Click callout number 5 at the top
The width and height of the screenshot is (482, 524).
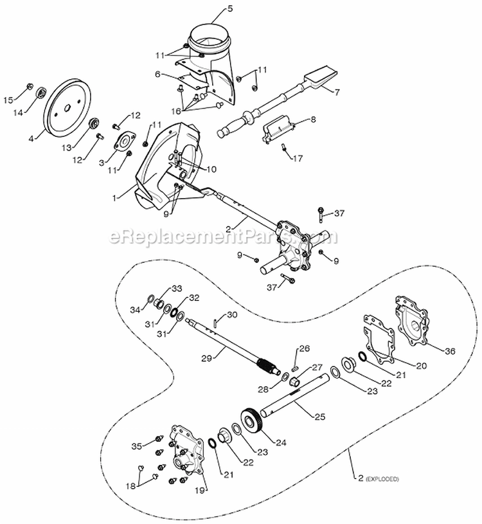coord(212,9)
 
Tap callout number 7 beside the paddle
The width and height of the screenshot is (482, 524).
coord(335,91)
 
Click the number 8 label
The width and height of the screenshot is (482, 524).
coord(313,120)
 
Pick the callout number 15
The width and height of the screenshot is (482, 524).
coord(9,100)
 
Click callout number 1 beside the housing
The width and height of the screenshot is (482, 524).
coord(114,199)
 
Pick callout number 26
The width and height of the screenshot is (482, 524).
coord(305,348)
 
